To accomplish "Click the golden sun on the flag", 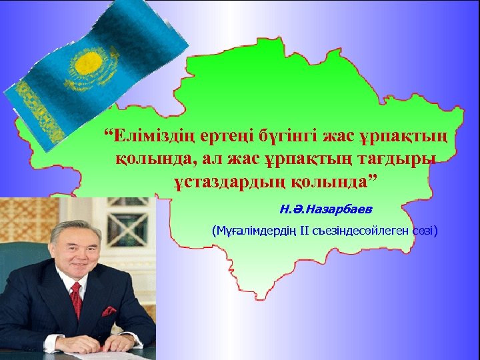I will click(x=85, y=64).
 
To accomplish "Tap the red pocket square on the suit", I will click(x=108, y=311).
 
